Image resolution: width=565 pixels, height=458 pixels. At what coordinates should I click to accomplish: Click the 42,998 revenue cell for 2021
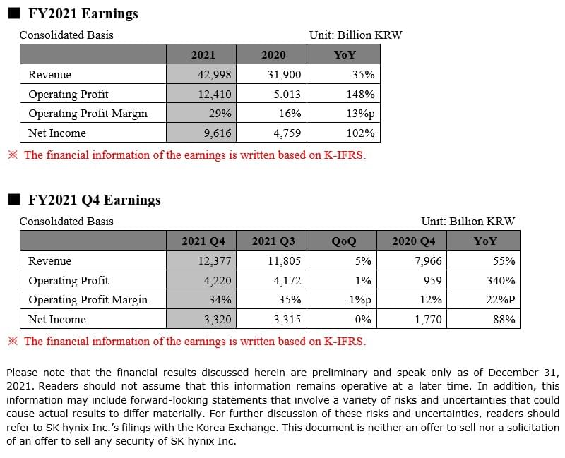point(215,74)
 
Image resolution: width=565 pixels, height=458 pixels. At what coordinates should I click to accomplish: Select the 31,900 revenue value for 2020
point(284,74)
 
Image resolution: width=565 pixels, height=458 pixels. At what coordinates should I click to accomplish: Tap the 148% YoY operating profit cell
point(360,94)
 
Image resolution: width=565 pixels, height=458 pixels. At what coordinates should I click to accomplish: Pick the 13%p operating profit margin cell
point(360,114)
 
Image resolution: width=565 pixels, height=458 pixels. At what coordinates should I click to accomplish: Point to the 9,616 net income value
point(218,133)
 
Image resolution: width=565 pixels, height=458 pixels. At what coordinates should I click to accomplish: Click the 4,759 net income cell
point(287,133)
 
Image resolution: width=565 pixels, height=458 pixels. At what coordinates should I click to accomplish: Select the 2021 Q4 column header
point(203,241)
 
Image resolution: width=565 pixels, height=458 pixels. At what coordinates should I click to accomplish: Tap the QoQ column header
point(343,241)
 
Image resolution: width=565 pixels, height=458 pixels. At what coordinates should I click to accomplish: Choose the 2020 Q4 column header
point(414,241)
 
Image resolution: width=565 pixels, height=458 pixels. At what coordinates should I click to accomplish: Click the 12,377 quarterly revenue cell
point(215,260)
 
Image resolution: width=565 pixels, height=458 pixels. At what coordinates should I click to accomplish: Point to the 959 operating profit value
point(432,280)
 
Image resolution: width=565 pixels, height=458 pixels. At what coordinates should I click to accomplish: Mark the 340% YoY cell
point(501,280)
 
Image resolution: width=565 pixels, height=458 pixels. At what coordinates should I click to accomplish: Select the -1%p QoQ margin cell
point(358,300)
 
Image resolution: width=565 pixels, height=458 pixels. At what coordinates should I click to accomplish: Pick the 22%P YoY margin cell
point(500,300)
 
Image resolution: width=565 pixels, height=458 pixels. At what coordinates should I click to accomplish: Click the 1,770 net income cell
point(428,319)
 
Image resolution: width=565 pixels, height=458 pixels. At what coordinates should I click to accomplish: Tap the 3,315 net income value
point(287,319)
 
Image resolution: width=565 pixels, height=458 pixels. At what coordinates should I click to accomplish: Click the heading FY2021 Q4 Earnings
point(95,200)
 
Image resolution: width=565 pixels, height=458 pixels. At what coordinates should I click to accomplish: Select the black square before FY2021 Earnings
point(14,13)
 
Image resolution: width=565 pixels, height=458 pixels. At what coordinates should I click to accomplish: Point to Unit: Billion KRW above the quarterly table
point(468,221)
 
